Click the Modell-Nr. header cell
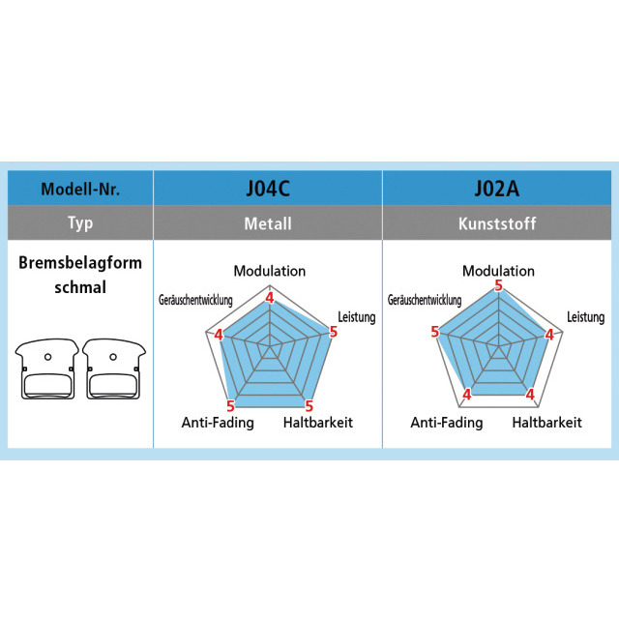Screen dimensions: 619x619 pyautogui.click(x=80, y=189)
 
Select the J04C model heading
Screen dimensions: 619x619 pyautogui.click(x=268, y=188)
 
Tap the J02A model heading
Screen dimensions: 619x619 pyautogui.click(x=497, y=188)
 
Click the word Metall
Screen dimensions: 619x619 pyautogui.click(x=268, y=223)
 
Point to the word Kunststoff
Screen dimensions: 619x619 pyautogui.click(x=497, y=223)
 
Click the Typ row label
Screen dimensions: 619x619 pyautogui.click(x=80, y=223)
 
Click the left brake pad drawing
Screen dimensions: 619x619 pyautogui.click(x=46, y=368)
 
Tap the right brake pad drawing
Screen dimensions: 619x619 pyautogui.click(x=112, y=368)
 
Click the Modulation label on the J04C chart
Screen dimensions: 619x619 pyautogui.click(x=269, y=271)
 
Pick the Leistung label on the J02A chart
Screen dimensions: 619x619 pyautogui.click(x=585, y=317)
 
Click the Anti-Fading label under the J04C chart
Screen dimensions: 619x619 pyautogui.click(x=218, y=423)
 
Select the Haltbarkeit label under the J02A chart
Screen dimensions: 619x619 pyautogui.click(x=546, y=423)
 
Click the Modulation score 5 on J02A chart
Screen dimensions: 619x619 pyautogui.click(x=498, y=285)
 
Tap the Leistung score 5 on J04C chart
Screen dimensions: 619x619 pyautogui.click(x=334, y=332)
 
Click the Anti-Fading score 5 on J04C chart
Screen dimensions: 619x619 pyautogui.click(x=230, y=406)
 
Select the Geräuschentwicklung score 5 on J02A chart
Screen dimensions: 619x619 pyautogui.click(x=434, y=332)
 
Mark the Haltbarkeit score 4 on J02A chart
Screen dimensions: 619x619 pyautogui.click(x=530, y=394)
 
